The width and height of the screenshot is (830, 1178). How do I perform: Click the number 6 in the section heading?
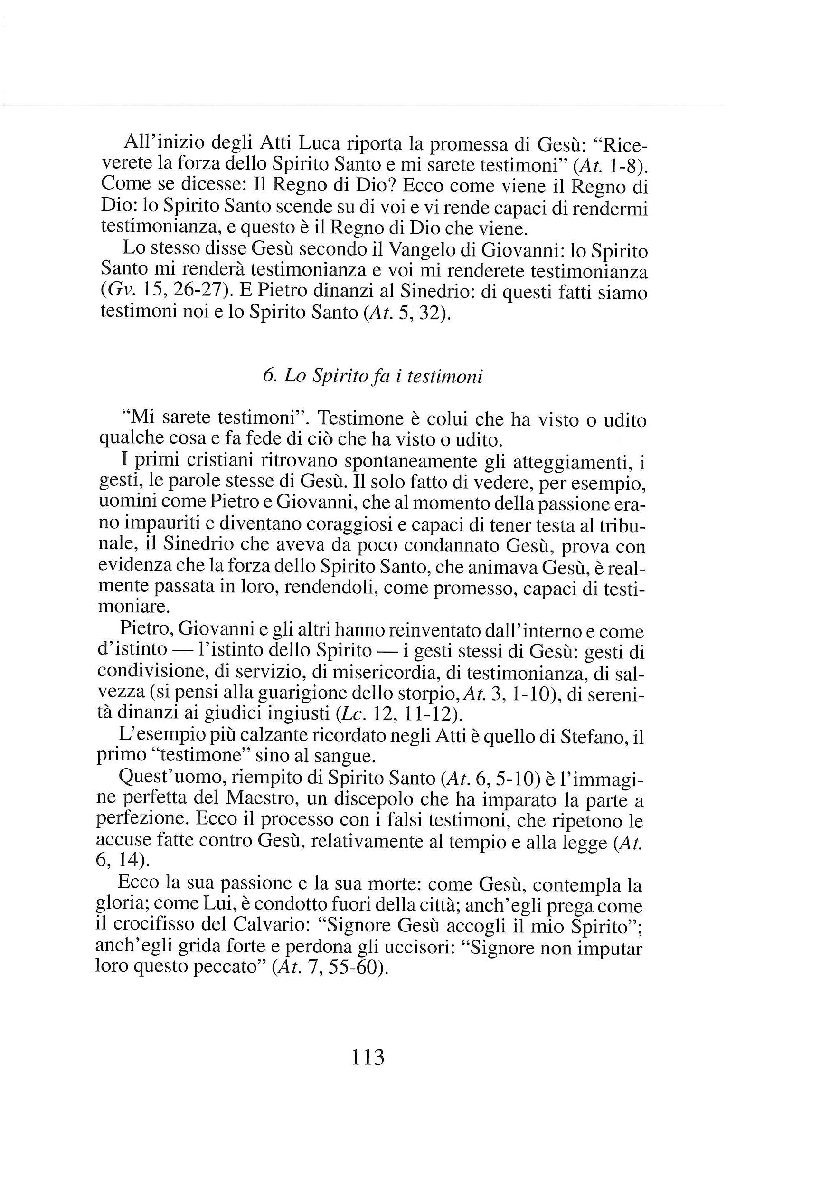pyautogui.click(x=267, y=377)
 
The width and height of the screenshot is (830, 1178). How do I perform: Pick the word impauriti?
pyautogui.click(x=166, y=525)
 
